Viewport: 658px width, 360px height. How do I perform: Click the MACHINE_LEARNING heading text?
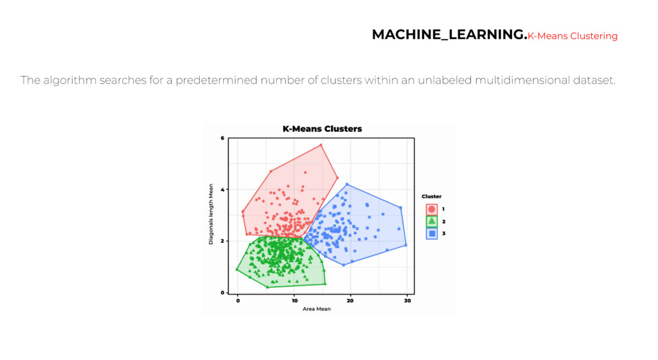point(449,35)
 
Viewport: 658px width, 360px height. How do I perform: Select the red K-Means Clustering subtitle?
point(573,36)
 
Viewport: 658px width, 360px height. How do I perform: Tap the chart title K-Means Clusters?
point(322,129)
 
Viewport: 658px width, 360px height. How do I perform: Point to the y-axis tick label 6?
point(222,138)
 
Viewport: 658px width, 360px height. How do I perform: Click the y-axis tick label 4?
point(222,190)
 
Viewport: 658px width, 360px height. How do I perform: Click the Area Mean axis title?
point(316,309)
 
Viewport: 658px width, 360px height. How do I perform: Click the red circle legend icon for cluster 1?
point(432,209)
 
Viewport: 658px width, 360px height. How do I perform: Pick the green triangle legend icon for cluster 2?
point(432,221)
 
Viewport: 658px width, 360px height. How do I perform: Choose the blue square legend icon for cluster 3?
point(432,233)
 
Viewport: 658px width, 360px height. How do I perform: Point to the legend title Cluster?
point(431,196)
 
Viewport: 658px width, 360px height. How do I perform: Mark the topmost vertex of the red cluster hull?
point(321,145)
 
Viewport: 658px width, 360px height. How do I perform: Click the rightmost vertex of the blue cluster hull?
point(406,245)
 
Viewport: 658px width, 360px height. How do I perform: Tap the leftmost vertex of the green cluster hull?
point(237,269)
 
